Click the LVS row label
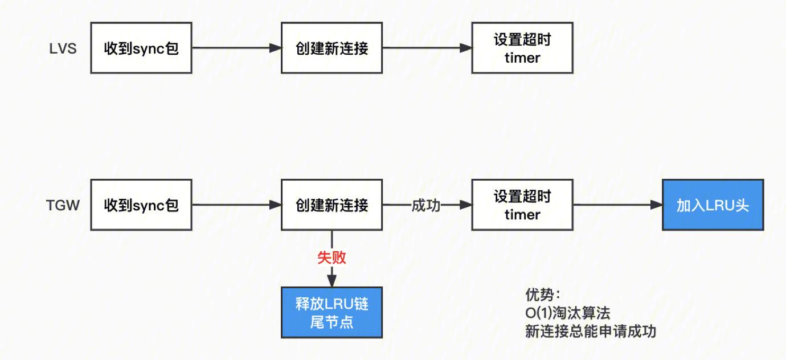[x=63, y=48]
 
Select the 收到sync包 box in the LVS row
[x=141, y=48]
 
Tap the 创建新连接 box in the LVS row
[x=331, y=48]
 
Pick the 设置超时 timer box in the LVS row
[x=522, y=48]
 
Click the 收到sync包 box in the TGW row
[x=141, y=205]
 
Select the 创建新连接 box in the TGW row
[x=331, y=205]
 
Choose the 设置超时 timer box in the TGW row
[x=522, y=205]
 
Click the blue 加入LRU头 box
[x=713, y=205]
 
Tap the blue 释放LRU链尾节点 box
[x=331, y=313]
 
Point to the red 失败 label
[x=331, y=257]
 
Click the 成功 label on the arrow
[x=426, y=205]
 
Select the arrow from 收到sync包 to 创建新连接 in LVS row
[x=236, y=48]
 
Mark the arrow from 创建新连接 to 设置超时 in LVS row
[x=427, y=48]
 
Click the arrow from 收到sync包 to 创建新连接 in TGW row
[x=236, y=205]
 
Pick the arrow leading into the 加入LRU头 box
[x=617, y=205]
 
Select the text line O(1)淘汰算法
[x=568, y=313]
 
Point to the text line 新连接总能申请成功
[x=590, y=332]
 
